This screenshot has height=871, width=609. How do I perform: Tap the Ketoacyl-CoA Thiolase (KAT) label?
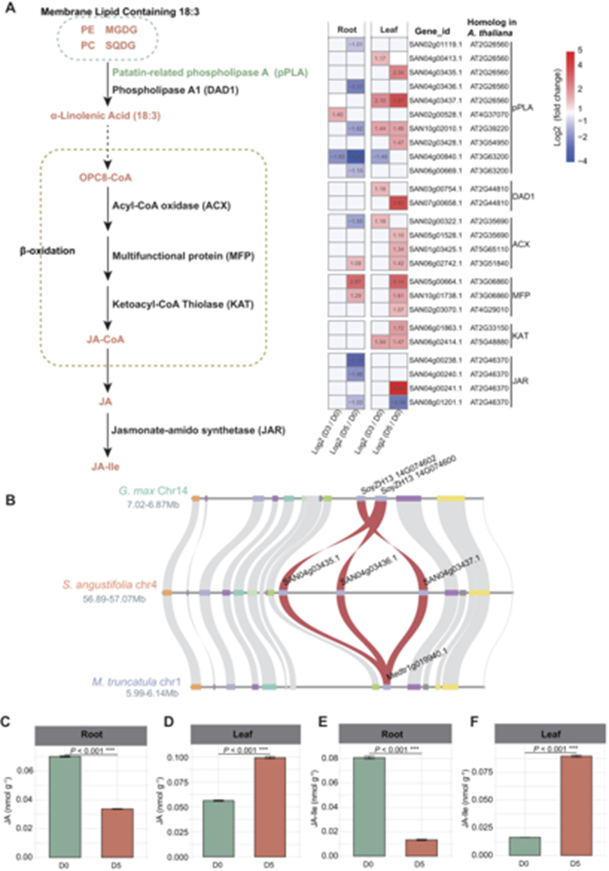pyautogui.click(x=170, y=304)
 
